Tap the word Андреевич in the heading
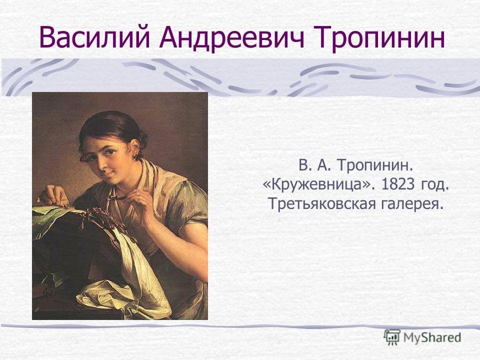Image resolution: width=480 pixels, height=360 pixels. point(231,38)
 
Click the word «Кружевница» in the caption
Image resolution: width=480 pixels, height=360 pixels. point(318,185)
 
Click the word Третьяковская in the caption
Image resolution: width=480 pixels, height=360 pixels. point(321,203)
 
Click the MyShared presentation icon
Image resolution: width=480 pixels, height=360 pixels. point(392,337)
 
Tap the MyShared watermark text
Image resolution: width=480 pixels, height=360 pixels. point(432,337)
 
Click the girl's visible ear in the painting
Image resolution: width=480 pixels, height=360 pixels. point(134,148)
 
